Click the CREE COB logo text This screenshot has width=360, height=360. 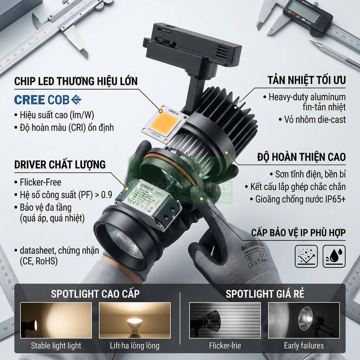pyautogui.click(x=48, y=99)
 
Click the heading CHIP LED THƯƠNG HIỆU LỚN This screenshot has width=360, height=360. pyautogui.click(x=76, y=81)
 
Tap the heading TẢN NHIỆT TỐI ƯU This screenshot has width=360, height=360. pyautogui.click(x=307, y=80)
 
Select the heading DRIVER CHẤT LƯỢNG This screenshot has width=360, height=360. pyautogui.click(x=60, y=164)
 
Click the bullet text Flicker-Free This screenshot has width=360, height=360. pyautogui.click(x=40, y=182)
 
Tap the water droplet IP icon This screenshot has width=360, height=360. pyautogui.click(x=334, y=256)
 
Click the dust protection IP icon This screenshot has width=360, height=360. pyautogui.click(x=306, y=256)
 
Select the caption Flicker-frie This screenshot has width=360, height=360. pyautogui.click(x=225, y=346)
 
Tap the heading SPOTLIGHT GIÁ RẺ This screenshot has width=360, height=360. pyautogui.click(x=265, y=294)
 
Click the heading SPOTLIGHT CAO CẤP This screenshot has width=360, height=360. pyautogui.click(x=95, y=294)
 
